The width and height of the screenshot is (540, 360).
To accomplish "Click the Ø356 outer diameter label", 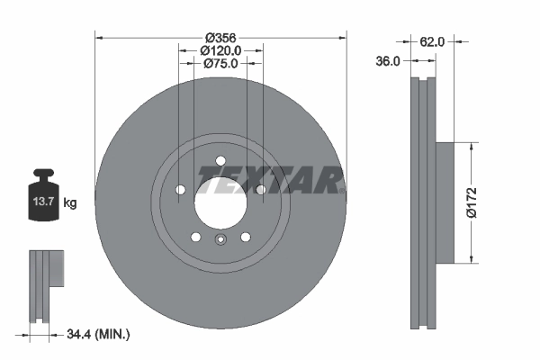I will point(220,37).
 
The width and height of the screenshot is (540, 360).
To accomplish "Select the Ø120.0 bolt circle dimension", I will point(220,50).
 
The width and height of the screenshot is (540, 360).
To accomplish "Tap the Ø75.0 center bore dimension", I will point(220,64).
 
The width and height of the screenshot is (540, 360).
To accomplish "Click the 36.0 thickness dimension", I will point(389,61).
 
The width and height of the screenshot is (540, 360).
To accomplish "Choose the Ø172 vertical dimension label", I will point(483,202).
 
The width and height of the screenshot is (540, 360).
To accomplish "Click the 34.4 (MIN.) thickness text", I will point(98,335).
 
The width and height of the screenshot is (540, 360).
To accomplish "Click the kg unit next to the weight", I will point(70,203).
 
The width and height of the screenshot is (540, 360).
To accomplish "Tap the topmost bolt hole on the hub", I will point(220,160).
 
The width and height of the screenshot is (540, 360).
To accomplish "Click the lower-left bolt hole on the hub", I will point(195,237).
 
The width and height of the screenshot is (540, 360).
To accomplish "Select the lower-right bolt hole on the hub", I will point(245,237).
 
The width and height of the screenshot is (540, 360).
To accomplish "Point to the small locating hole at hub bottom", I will point(220,239).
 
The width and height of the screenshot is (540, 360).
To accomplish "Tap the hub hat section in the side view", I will point(447,202).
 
